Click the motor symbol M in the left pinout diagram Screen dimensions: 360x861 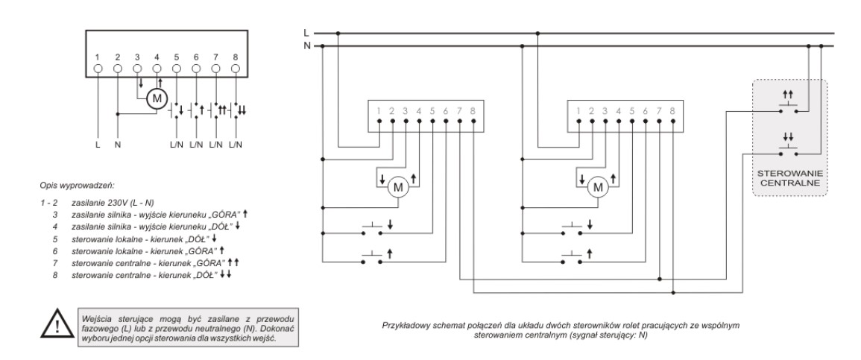(x=157, y=98)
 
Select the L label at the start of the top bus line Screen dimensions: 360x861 (x=306, y=33)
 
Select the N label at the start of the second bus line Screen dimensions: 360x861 (x=306, y=45)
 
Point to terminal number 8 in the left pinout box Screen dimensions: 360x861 (x=236, y=57)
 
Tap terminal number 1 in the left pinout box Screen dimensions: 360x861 (x=98, y=57)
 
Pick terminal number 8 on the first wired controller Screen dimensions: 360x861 (x=473, y=112)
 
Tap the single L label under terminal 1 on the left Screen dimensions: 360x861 (x=98, y=143)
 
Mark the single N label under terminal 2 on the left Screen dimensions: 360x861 (x=118, y=143)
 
